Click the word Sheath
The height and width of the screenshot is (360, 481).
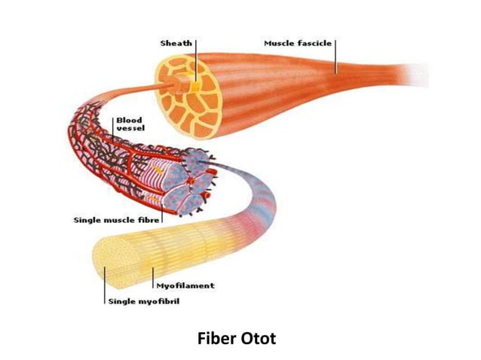pos(176,43)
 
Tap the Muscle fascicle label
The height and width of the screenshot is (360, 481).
pos(298,43)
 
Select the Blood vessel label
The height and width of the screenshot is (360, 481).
pos(130,124)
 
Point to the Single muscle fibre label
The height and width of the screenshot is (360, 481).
pos(117,220)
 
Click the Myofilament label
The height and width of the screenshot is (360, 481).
pos(185,286)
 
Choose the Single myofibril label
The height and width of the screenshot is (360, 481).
pos(144,301)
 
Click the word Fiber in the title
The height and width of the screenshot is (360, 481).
pos(217,339)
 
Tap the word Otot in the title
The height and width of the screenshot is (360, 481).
pos(259,339)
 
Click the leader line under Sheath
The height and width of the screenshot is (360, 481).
pos(196,60)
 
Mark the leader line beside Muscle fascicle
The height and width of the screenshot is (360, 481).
pos(335,56)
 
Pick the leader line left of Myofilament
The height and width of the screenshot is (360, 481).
pos(153,278)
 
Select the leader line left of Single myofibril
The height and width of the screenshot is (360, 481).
pos(105,285)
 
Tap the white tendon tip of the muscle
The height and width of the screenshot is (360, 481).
pos(418,75)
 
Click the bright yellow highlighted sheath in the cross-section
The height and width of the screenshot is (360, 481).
pos(195,87)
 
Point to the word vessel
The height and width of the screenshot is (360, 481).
pos(130,128)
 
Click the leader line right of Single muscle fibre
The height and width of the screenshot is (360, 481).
pos(162,214)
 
